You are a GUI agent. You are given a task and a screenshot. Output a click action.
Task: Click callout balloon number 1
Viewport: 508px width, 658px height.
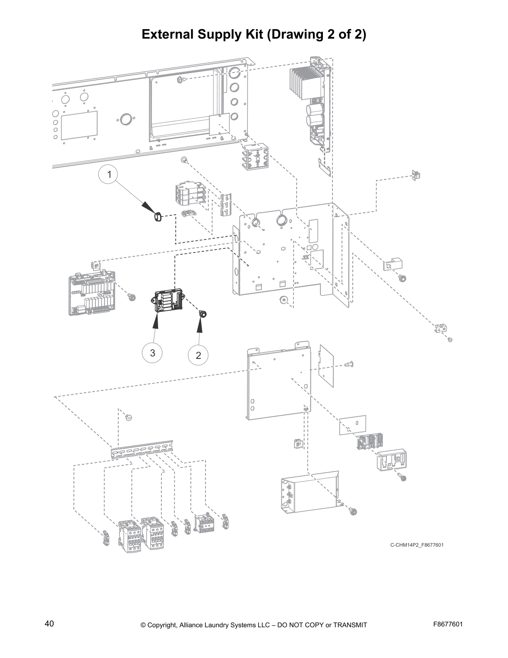109,175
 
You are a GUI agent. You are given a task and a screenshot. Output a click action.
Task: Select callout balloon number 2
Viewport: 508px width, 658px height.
198,355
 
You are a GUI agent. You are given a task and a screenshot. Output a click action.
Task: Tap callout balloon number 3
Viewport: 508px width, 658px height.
152,353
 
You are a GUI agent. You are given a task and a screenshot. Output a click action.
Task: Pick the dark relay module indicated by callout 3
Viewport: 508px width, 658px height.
168,301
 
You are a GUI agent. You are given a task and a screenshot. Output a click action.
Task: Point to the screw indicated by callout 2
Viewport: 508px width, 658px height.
203,314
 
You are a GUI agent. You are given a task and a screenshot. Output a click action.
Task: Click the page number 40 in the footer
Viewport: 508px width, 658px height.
49,624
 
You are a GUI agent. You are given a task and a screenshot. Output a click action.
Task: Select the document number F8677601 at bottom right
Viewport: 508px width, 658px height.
447,624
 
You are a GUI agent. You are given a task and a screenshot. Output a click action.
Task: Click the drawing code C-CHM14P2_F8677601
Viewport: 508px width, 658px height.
416,545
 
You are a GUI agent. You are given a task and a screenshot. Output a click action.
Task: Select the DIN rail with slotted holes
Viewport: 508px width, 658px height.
142,449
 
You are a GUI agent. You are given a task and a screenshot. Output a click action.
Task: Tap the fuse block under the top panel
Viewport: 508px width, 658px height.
255,157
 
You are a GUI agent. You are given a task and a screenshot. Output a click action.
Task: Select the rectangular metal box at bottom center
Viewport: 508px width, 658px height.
310,491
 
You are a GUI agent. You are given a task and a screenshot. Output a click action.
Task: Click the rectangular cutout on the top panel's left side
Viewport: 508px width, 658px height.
79,125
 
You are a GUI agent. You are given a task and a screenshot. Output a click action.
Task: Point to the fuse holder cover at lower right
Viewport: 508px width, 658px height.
391,460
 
